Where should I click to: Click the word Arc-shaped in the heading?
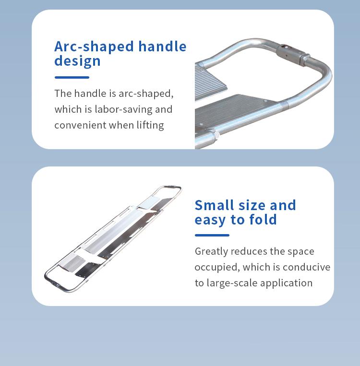[x=94, y=47]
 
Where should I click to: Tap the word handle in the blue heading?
[x=162, y=46]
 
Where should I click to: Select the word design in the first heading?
[x=77, y=61]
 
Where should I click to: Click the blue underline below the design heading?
[x=72, y=77]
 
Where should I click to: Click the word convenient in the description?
[x=80, y=125]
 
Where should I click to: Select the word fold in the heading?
[x=263, y=220]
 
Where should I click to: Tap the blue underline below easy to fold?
[x=212, y=235]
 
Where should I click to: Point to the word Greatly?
[x=211, y=252]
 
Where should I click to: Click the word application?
[x=286, y=283]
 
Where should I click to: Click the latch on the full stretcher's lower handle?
[x=55, y=284]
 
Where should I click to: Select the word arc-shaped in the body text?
[x=146, y=94]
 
